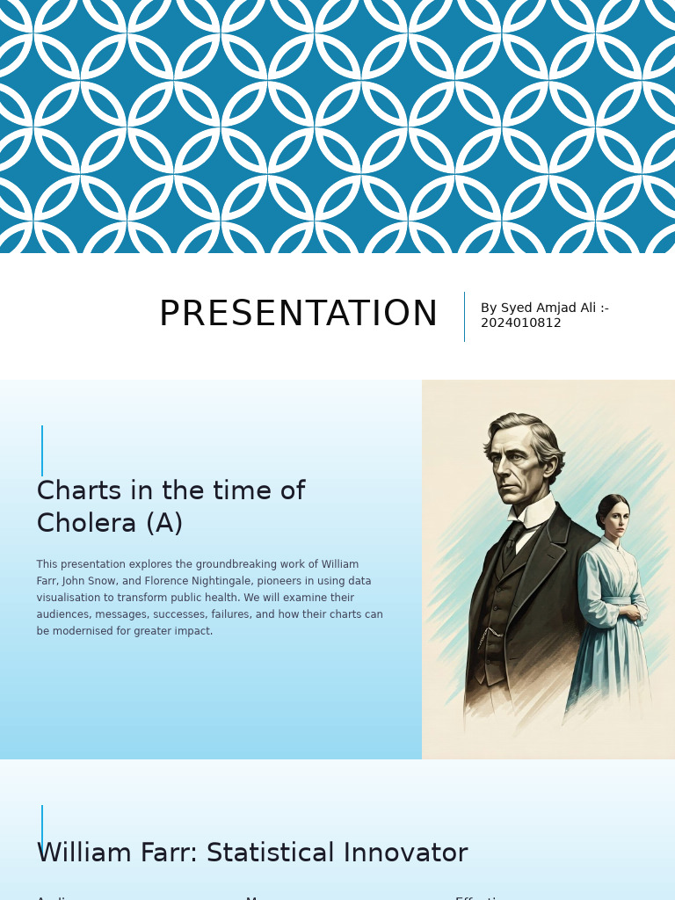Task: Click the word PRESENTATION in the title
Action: (x=298, y=315)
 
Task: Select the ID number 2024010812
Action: (x=520, y=323)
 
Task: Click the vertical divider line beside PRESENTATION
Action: (x=464, y=316)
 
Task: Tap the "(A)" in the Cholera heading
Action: (x=164, y=524)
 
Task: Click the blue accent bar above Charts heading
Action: (x=42, y=450)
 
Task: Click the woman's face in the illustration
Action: (x=615, y=519)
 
